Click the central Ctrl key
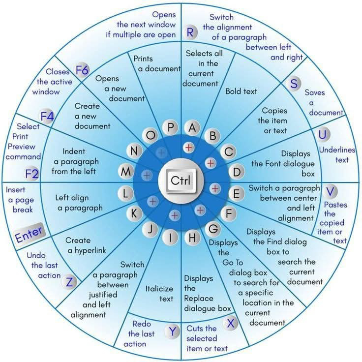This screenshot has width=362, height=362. (181, 181)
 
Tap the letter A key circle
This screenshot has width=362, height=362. (192, 127)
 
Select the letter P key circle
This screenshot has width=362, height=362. (170, 127)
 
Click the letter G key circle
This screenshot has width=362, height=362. (214, 229)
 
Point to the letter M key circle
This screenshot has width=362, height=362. (126, 172)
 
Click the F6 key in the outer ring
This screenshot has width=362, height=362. (82, 69)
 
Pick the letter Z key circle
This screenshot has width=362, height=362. (70, 282)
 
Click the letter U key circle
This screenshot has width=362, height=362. (323, 135)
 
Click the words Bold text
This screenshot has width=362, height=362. (241, 91)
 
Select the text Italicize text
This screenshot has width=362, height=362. (159, 294)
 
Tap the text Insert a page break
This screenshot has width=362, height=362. (20, 199)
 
